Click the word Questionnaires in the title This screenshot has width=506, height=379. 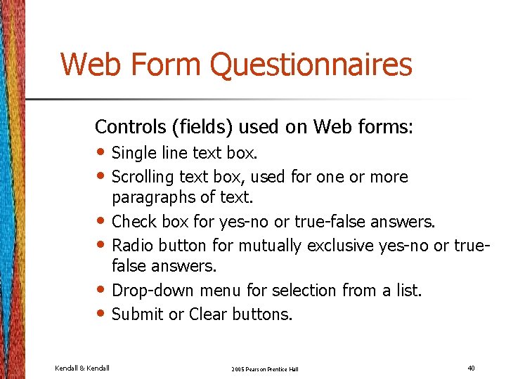point(311,65)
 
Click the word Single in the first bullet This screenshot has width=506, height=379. point(134,153)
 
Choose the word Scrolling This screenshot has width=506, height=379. point(143,176)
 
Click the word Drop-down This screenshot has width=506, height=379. point(153,291)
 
